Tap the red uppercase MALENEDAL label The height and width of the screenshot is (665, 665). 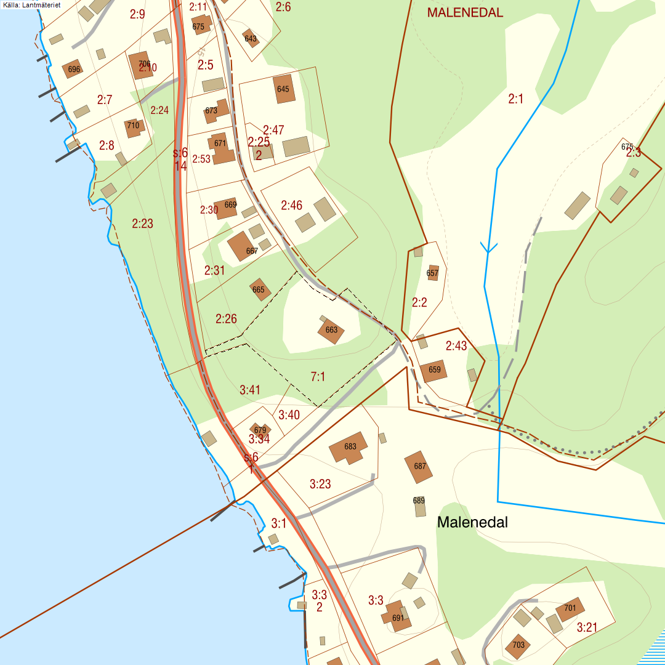click(x=465, y=12)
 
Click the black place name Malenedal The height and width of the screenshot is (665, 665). click(x=472, y=522)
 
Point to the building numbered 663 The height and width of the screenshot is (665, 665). click(x=331, y=331)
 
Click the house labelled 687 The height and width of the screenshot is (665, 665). click(x=419, y=467)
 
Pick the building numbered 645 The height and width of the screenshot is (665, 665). click(x=283, y=89)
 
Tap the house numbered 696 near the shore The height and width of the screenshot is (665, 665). click(x=73, y=69)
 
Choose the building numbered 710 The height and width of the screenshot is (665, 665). click(x=134, y=127)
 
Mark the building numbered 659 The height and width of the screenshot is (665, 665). click(x=434, y=370)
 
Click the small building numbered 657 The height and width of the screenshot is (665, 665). click(x=433, y=273)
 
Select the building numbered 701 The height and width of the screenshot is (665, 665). click(x=570, y=609)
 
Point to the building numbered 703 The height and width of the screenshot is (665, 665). click(x=518, y=645)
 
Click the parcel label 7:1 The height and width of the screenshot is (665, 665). click(x=318, y=377)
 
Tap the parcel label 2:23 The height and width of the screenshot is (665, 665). click(x=142, y=224)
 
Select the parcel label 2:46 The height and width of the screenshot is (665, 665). click(x=291, y=205)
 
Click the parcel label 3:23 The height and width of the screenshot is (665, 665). click(x=320, y=484)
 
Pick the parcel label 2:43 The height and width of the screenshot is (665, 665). click(x=456, y=346)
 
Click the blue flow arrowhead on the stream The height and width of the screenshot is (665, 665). click(x=488, y=248)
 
